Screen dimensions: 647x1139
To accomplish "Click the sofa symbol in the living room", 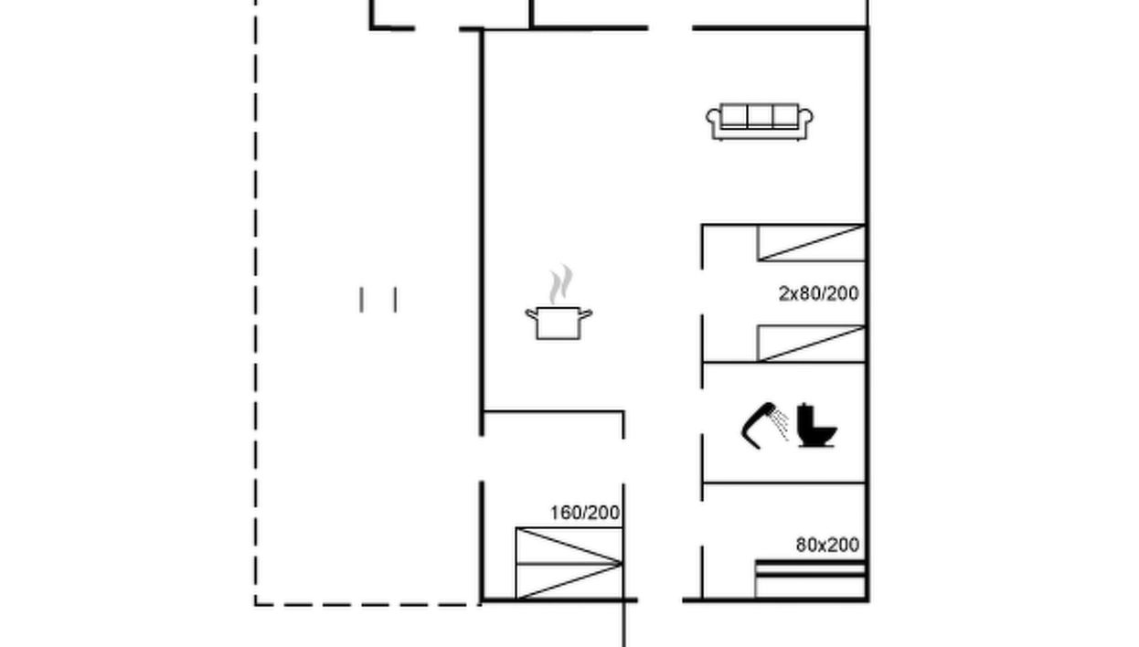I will point(759,122).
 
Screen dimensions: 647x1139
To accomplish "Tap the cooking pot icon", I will point(559,323).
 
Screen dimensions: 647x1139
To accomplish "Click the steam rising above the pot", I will point(560,284).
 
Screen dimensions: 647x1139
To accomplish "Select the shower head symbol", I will point(759,424).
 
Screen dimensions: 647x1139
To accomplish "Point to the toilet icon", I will point(815,427).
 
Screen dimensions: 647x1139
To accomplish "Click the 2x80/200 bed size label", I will point(818,293).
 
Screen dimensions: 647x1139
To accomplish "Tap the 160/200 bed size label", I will point(585,513).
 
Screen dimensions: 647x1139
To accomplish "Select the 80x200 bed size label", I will point(827,545).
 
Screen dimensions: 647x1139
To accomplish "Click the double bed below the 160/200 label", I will point(569,563).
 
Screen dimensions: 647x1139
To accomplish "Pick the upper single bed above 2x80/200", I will point(811,242).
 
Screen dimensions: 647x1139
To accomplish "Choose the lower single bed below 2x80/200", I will point(811,344).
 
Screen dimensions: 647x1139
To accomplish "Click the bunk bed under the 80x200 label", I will point(810,579).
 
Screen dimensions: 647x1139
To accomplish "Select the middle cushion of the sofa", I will point(760,116).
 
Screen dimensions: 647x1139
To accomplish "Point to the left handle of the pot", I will point(530,314).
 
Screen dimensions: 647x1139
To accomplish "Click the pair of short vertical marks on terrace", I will point(378,300).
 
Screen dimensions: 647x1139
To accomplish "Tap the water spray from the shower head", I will point(780,424).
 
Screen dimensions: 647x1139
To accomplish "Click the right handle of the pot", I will point(586,314).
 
